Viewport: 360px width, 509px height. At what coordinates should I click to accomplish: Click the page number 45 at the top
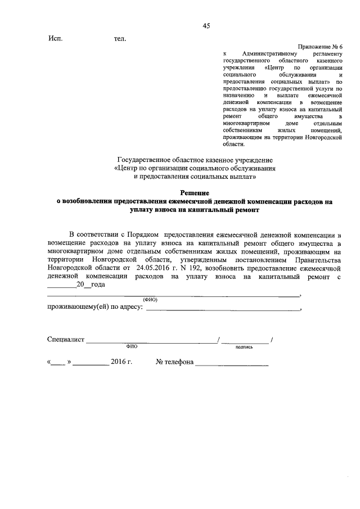(x=206, y=26)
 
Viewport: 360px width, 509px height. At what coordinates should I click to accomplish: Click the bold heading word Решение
(x=195, y=193)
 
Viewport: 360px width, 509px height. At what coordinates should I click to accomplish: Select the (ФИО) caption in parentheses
(x=150, y=299)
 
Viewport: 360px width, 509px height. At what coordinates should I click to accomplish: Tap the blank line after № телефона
(x=231, y=364)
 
